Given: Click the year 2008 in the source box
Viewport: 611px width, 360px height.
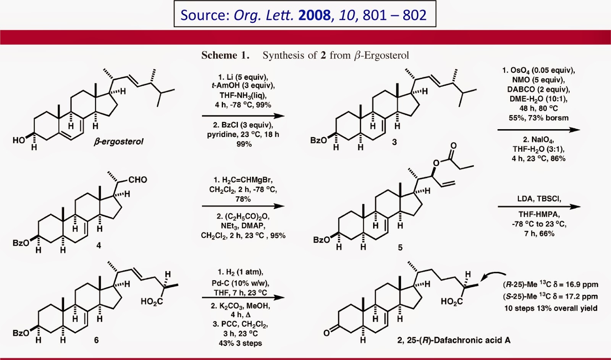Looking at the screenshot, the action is [x=315, y=15].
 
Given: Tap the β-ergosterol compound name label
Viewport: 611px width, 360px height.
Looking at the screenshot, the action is [x=118, y=141].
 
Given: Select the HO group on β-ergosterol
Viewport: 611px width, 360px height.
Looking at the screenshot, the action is [x=19, y=140].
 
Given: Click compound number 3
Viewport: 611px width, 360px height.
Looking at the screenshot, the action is [x=394, y=142].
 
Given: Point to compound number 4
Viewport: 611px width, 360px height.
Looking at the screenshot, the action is [x=99, y=245].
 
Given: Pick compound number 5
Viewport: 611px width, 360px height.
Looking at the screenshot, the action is [x=400, y=247].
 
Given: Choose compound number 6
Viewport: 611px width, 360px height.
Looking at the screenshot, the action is [x=96, y=339].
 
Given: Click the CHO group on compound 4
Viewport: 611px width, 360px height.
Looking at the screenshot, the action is [x=137, y=180].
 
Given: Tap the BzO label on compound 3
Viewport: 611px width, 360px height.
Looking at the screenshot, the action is [x=318, y=140].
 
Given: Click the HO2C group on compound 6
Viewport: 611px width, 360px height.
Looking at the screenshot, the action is [x=152, y=302].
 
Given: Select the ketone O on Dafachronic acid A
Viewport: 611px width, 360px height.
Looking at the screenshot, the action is [x=326, y=333].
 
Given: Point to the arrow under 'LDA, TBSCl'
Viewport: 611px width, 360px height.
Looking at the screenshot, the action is [x=538, y=207].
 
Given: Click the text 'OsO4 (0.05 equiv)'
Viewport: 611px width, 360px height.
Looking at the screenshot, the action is [x=538, y=70].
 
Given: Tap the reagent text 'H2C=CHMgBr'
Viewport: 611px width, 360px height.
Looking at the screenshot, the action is [x=243, y=180].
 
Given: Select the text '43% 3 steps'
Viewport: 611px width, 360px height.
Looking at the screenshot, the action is [x=241, y=343].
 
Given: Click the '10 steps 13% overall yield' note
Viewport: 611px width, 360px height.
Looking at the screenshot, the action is [x=551, y=308].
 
